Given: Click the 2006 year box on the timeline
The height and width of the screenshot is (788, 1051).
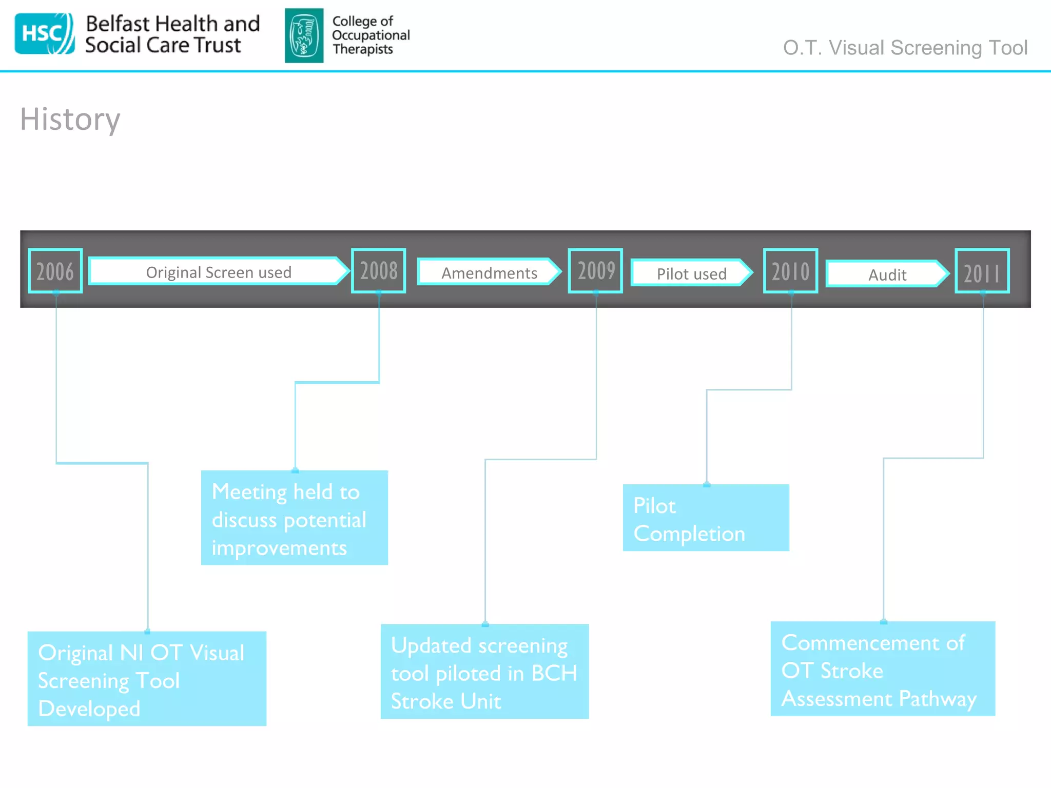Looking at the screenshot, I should point(55,271).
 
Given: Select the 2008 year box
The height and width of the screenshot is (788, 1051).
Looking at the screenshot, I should point(379,271).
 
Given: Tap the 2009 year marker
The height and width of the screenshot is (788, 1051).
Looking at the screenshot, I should point(595,271).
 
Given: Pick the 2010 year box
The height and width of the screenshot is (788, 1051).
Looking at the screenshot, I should point(790,271).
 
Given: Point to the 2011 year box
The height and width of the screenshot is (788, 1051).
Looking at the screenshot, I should point(982,271).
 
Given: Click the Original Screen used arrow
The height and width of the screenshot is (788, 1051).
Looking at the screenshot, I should point(219,271).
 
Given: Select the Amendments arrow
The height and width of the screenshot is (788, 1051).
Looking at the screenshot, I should point(489,272).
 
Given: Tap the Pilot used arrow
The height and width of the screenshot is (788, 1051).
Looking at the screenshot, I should point(691,273).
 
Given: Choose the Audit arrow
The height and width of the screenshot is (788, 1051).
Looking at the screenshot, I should point(887,274).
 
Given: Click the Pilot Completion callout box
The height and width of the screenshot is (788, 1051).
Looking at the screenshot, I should point(706,518).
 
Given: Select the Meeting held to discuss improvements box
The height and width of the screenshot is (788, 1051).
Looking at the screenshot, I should point(294,518).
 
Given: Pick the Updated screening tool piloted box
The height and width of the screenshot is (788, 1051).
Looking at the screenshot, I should point(484,672).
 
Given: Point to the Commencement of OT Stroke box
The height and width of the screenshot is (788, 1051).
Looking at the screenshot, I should point(883,669).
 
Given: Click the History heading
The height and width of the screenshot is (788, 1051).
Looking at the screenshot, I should point(70,120).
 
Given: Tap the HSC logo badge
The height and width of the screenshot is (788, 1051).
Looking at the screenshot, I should point(44,34).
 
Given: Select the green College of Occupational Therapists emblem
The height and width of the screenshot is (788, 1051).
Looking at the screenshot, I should point(304,35).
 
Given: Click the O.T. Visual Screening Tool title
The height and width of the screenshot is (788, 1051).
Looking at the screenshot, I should point(905,48).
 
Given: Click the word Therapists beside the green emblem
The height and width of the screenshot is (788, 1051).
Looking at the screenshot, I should point(362,49).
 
